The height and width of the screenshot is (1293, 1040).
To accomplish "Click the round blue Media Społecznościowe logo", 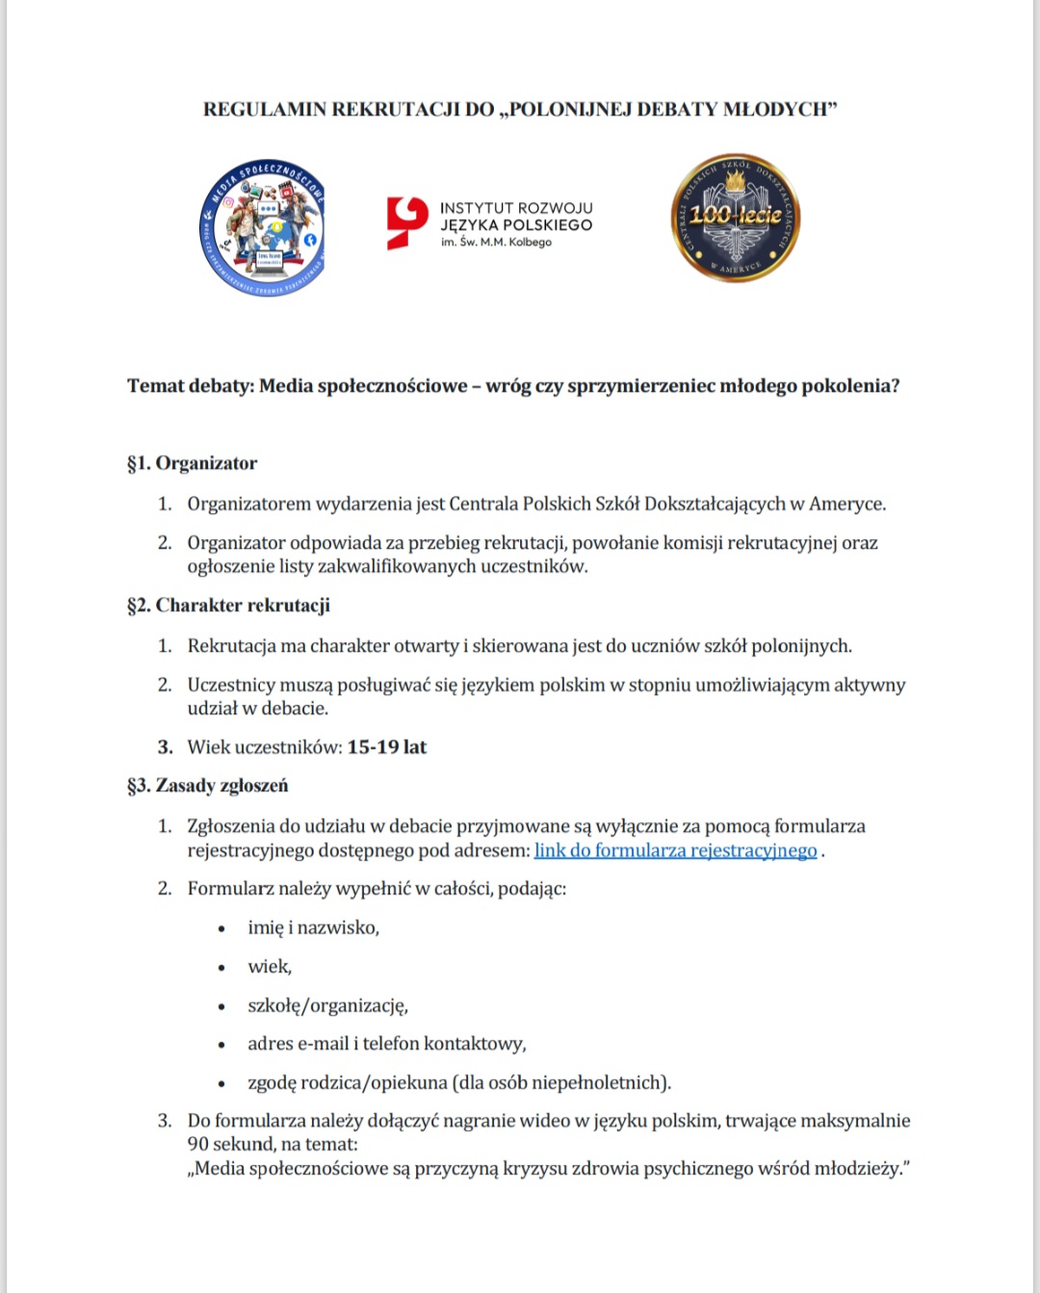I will coord(263,227).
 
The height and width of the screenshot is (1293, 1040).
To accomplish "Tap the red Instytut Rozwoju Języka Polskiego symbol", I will coord(406,222).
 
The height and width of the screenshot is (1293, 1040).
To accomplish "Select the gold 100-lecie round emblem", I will coord(736,218).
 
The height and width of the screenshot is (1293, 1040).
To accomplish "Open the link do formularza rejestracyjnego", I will coord(675,850).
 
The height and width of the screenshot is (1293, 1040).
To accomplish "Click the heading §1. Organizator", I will coord(193,463).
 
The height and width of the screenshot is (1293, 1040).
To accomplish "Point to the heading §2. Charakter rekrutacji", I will coord(229,606).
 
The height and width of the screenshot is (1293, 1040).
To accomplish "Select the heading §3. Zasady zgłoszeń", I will coord(208,786).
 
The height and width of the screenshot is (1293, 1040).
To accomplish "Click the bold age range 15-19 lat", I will coord(386,747).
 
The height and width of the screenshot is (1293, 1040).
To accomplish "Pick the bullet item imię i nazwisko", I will coord(313,927).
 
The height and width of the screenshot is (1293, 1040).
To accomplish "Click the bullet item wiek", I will coord(270,967).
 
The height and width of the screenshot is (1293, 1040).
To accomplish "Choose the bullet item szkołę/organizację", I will coord(327,1005).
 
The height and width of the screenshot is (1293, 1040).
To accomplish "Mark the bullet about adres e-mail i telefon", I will coord(386,1044).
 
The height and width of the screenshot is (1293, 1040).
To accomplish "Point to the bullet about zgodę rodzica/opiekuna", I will coord(458,1082).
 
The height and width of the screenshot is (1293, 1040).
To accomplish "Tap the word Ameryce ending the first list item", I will coord(846,504).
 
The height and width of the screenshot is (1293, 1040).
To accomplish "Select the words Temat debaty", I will coord(191,386).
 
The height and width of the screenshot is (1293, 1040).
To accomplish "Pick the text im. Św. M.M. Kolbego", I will coord(496,243).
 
